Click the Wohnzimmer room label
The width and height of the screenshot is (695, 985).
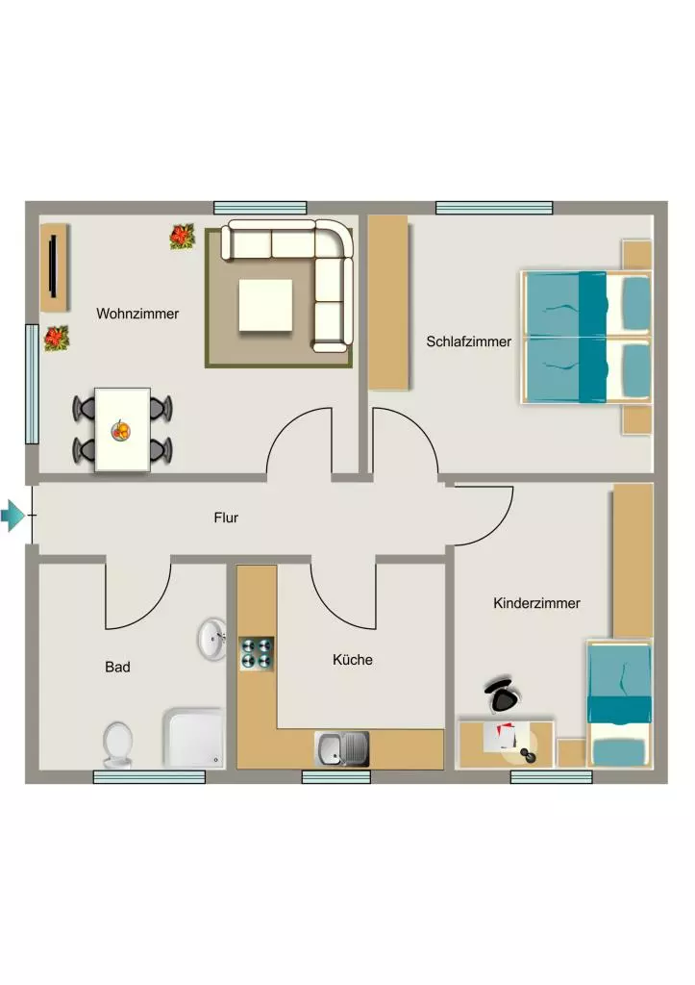pos(137,314)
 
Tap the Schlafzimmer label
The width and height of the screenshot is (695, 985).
pos(468,341)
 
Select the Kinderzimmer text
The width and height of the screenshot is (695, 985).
pos(536,603)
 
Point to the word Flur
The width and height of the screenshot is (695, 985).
pos(226,518)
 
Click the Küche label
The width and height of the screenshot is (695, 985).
pos(353,660)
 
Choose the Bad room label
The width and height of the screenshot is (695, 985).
pos(117,668)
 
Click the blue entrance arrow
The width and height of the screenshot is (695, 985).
pos(12,516)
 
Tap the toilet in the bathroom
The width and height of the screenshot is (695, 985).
pos(117,745)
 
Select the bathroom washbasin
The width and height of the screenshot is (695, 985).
pos(212,639)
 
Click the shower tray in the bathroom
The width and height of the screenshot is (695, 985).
pos(194,738)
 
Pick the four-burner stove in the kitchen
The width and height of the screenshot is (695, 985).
pos(257,653)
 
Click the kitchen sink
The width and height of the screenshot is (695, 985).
pos(341,748)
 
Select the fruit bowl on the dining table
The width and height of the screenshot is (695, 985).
pos(121,430)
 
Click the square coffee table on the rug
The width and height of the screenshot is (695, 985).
pos(265,305)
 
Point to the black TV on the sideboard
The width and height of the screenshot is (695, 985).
pos(53,265)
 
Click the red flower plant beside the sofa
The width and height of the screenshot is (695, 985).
pos(182,237)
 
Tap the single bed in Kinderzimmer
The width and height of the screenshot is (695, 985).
pos(619,703)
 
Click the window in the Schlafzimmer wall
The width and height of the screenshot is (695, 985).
pos(494,208)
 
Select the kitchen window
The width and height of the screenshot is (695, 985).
pos(335,777)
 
